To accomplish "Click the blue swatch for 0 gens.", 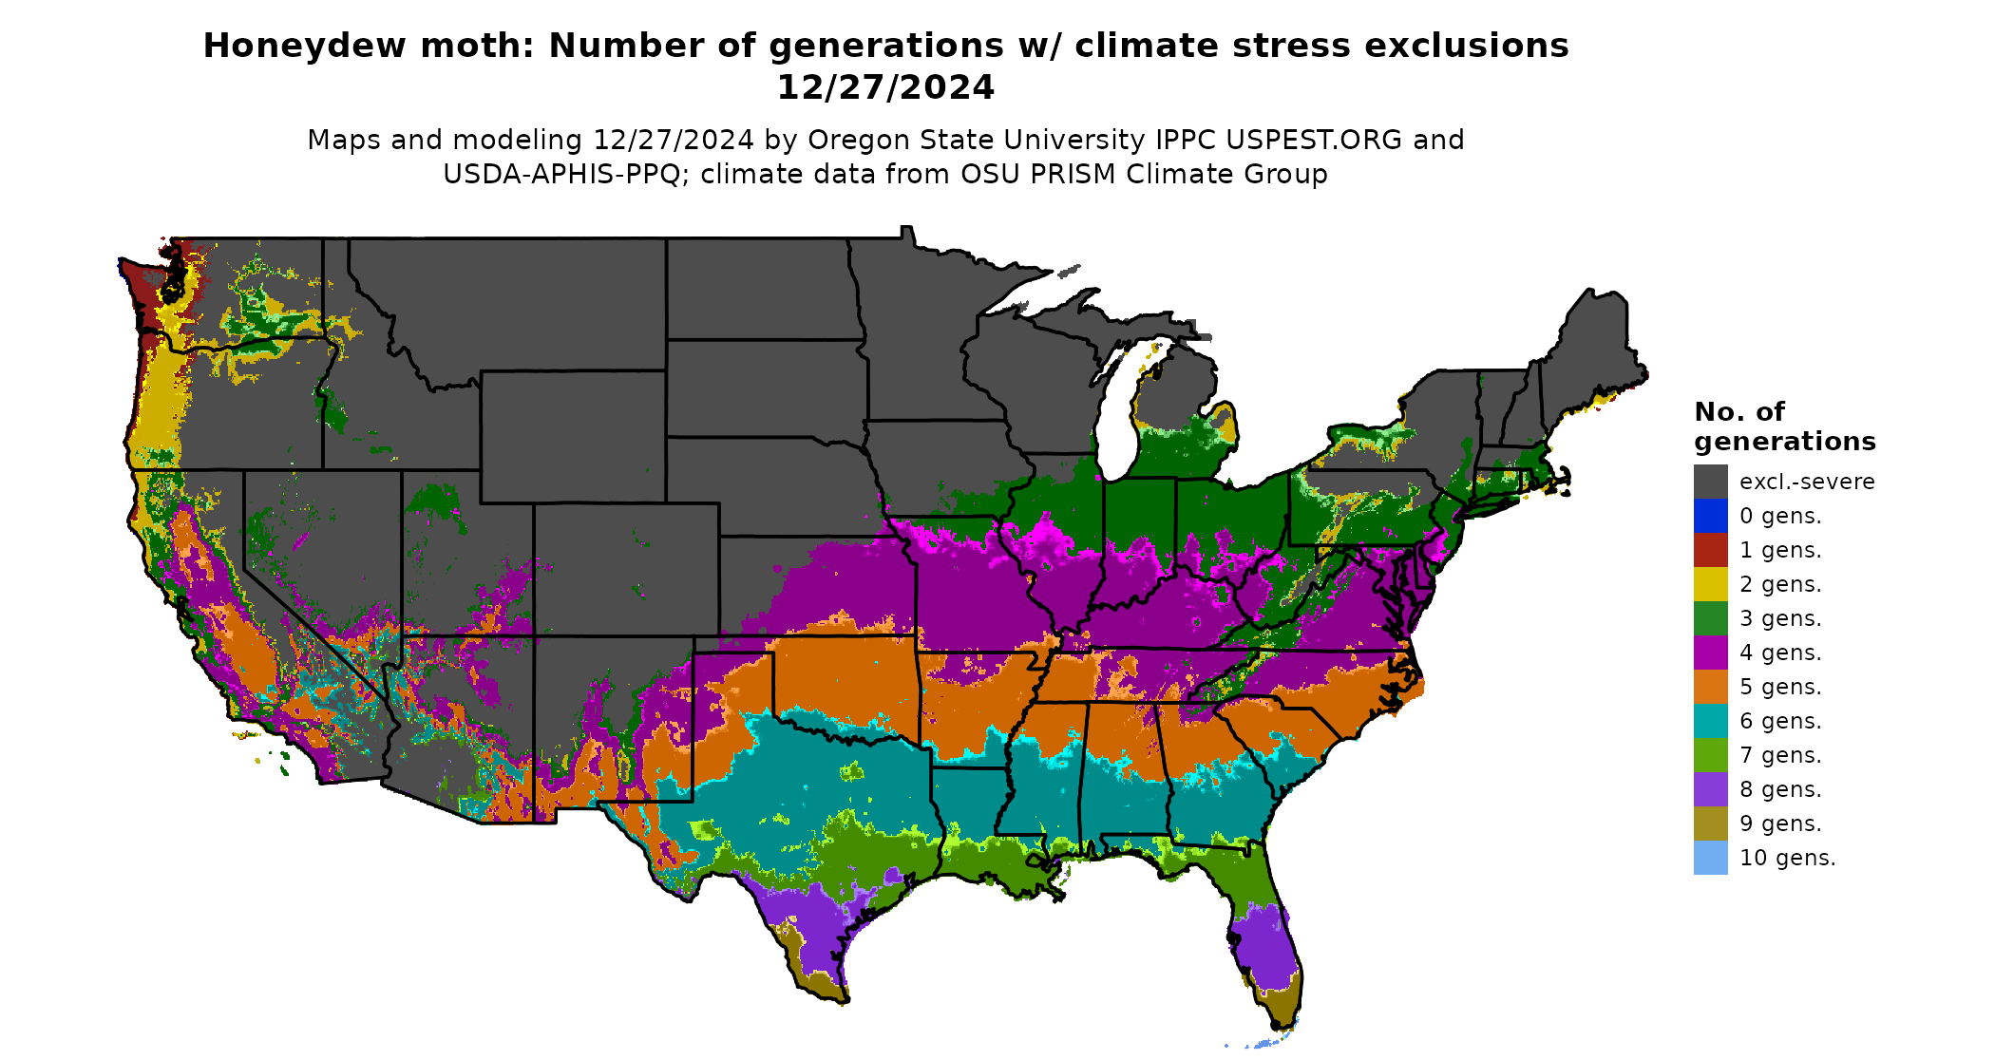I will [x=1710, y=516].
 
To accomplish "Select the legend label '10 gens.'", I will [x=1787, y=858].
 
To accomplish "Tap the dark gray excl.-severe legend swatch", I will [x=1710, y=482].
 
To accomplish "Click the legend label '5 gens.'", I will [x=1780, y=687].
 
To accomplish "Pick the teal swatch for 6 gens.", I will [x=1710, y=721].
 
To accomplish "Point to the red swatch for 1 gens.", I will [x=1710, y=550].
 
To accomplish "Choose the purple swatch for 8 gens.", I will [x=1710, y=789].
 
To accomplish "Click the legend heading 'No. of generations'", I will [x=1784, y=426].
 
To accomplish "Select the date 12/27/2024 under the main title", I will [x=885, y=87].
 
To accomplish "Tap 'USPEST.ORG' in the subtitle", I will [x=1314, y=140].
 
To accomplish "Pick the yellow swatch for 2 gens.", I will [x=1710, y=584].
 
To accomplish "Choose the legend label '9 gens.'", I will [x=1780, y=823].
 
